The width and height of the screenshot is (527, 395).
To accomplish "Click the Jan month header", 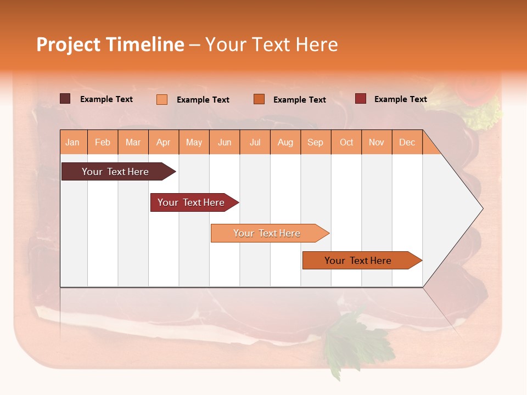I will (73, 142).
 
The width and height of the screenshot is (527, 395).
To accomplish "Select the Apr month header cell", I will (164, 142).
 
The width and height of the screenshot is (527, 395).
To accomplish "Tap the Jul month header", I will (255, 142).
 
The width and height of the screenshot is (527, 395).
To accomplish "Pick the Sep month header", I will (316, 142).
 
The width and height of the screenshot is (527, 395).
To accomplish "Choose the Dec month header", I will (407, 142).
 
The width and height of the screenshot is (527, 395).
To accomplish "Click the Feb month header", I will (103, 142).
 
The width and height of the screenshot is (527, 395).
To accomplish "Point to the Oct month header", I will (346, 142).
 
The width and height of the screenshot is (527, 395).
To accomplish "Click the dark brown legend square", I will (65, 99).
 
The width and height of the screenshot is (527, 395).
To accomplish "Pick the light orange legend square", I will (162, 99).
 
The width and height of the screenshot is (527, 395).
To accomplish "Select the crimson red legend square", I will (360, 99).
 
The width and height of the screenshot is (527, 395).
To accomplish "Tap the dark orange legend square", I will (259, 99).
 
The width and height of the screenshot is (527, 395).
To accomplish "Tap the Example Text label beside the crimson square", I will (400, 99).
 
